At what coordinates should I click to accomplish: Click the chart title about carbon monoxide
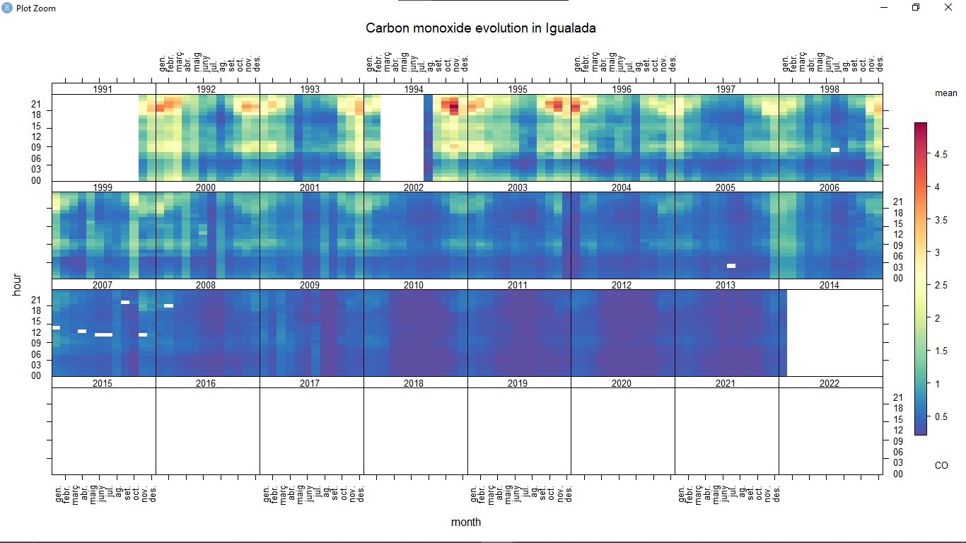coord(480,28)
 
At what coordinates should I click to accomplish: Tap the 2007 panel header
coord(103,285)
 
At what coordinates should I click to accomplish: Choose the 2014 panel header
coord(830,285)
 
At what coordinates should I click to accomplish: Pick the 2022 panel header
coord(830,383)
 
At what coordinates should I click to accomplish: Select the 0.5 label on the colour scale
coord(941,416)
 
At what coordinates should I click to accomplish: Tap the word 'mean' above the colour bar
coord(945,93)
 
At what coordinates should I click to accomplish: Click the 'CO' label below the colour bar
coord(941,465)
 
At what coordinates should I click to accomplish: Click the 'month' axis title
coord(466,522)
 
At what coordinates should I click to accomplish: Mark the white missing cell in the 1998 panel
coord(835,150)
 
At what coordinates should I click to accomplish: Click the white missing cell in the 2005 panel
coord(731,266)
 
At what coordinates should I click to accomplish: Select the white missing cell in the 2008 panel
coord(168,305)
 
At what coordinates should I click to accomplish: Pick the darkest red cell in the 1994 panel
coord(454,107)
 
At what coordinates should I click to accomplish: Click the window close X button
coord(948,8)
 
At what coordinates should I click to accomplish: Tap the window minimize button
coord(884,8)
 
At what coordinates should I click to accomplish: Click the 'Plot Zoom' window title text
coord(35,8)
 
